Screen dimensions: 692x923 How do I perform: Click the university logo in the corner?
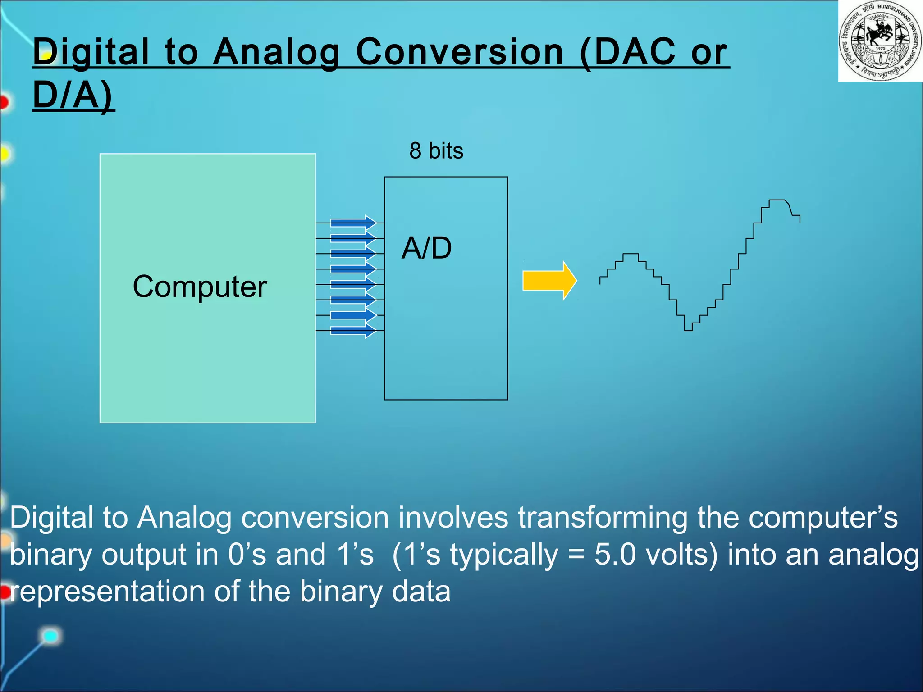pos(880,41)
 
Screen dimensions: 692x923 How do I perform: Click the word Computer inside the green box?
pos(200,287)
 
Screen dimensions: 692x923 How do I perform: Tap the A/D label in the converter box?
pos(426,248)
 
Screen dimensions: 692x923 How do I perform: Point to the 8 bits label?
pos(436,151)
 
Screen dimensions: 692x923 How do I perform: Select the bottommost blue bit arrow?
pos(353,331)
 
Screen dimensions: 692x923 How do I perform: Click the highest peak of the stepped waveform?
pos(777,200)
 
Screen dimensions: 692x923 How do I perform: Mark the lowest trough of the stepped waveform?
pos(688,330)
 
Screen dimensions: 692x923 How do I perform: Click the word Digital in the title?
pos(91,52)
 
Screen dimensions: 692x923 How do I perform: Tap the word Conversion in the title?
pos(459,52)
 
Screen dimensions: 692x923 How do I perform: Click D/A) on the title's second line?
pos(73,96)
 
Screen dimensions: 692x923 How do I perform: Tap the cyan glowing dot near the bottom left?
pos(50,636)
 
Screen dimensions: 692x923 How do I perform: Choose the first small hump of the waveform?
pos(631,255)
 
